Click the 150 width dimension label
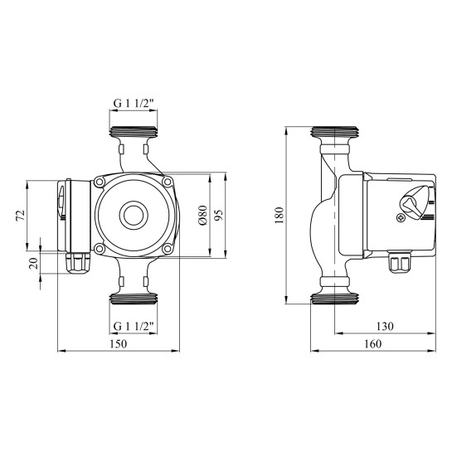click(x=119, y=344)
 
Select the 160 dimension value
click(x=372, y=344)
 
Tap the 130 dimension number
click(x=385, y=326)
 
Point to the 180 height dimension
click(x=279, y=215)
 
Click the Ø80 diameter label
click(x=202, y=216)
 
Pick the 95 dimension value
click(x=219, y=215)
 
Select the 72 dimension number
click(x=21, y=216)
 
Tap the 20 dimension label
click(x=34, y=264)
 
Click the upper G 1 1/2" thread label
click(x=134, y=103)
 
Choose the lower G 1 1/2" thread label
click(x=134, y=326)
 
